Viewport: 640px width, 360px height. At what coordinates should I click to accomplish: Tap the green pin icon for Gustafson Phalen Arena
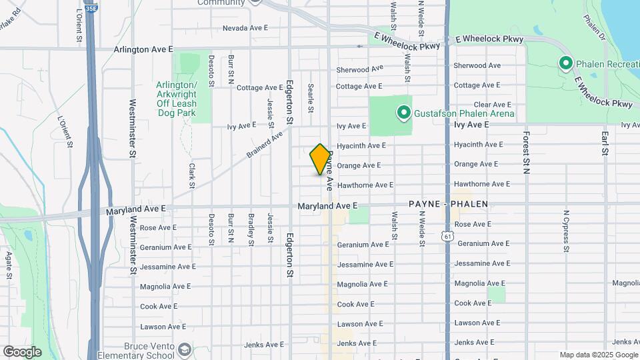click(x=403, y=113)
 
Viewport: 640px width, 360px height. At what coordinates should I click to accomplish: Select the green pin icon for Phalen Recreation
click(x=566, y=63)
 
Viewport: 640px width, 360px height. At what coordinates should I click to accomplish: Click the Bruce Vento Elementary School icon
click(x=184, y=350)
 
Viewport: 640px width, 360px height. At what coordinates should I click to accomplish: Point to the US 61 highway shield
click(x=447, y=236)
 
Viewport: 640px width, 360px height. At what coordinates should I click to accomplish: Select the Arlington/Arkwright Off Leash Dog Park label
click(x=177, y=99)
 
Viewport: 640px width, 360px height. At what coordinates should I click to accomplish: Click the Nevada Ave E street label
click(x=245, y=28)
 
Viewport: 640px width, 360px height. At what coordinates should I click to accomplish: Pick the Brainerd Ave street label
click(x=265, y=144)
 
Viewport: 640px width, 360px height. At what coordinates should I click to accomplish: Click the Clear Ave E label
click(x=492, y=105)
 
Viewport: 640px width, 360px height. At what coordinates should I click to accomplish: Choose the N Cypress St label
click(x=565, y=231)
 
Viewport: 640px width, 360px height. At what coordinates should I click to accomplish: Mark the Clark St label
click(x=191, y=175)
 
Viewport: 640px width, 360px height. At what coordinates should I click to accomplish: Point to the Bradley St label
click(x=251, y=229)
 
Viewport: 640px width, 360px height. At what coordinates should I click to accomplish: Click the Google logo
click(x=21, y=351)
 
